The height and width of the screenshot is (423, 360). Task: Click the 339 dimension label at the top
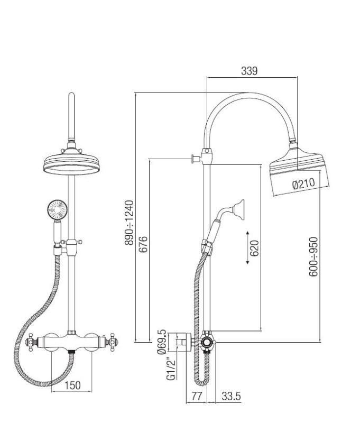249,71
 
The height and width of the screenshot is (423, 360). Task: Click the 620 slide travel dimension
255,247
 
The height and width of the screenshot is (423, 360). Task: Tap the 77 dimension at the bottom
196,396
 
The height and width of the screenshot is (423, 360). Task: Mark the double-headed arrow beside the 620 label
247,247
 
